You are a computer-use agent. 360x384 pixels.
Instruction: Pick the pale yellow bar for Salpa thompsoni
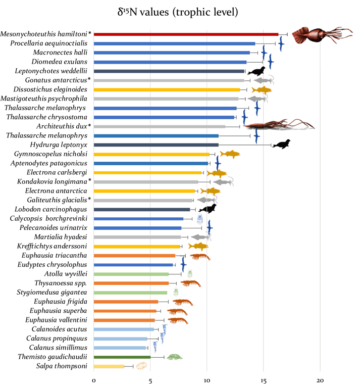point(109,366)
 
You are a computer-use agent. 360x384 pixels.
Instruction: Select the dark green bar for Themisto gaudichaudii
point(122,357)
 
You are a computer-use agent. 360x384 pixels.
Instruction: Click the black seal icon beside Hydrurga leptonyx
point(281,145)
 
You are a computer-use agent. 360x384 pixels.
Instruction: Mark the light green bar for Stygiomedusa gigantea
point(130,293)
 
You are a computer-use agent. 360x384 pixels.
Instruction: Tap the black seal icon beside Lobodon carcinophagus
point(208,209)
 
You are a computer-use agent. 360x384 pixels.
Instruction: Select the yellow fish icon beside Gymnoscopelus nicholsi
point(230,154)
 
